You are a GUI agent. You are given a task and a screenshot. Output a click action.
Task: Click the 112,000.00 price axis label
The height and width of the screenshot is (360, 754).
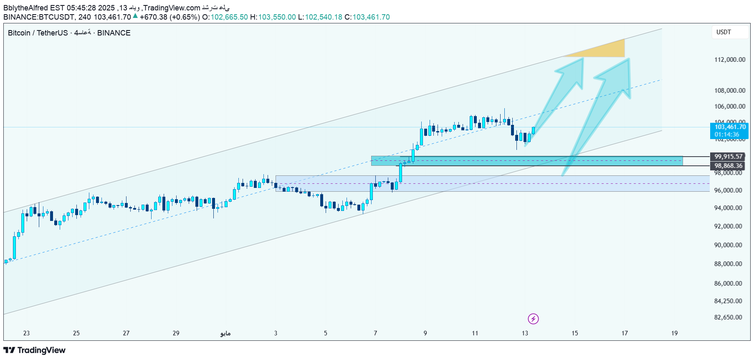point(729,60)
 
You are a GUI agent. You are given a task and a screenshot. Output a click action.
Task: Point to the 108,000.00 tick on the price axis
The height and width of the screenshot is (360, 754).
point(729,91)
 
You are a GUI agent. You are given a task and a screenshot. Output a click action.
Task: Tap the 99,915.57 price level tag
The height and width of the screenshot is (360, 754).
point(729,157)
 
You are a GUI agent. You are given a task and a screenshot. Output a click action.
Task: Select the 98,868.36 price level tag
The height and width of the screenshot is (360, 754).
point(729,166)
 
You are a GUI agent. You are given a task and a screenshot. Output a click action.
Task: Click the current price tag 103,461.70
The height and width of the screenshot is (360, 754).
point(729,127)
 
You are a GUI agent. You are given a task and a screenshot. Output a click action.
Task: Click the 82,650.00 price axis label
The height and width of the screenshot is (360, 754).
point(728,317)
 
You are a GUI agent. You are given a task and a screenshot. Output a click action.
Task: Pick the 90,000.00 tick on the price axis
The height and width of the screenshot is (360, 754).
point(728,245)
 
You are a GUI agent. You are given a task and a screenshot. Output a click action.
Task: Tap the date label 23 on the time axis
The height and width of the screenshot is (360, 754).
point(26,333)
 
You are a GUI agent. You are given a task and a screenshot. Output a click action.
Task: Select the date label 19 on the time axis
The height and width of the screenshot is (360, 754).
point(674,333)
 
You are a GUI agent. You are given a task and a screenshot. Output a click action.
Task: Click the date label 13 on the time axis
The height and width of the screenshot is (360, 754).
point(525,333)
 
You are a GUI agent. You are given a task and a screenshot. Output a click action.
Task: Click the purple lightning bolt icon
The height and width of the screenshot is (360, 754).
point(533,319)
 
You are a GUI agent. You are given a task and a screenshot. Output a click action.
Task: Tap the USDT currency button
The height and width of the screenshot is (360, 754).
point(724,32)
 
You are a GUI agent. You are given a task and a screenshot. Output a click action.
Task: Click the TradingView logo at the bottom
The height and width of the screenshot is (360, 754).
point(35,350)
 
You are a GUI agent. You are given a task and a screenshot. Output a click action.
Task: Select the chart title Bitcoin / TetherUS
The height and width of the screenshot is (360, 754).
point(38,33)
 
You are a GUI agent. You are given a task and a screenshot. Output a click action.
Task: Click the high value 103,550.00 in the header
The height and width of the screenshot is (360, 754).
point(277,17)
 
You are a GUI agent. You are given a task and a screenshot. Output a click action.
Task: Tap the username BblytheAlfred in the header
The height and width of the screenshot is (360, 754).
point(25,8)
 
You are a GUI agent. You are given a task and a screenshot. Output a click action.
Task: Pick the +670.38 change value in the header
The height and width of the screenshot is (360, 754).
point(153,17)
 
